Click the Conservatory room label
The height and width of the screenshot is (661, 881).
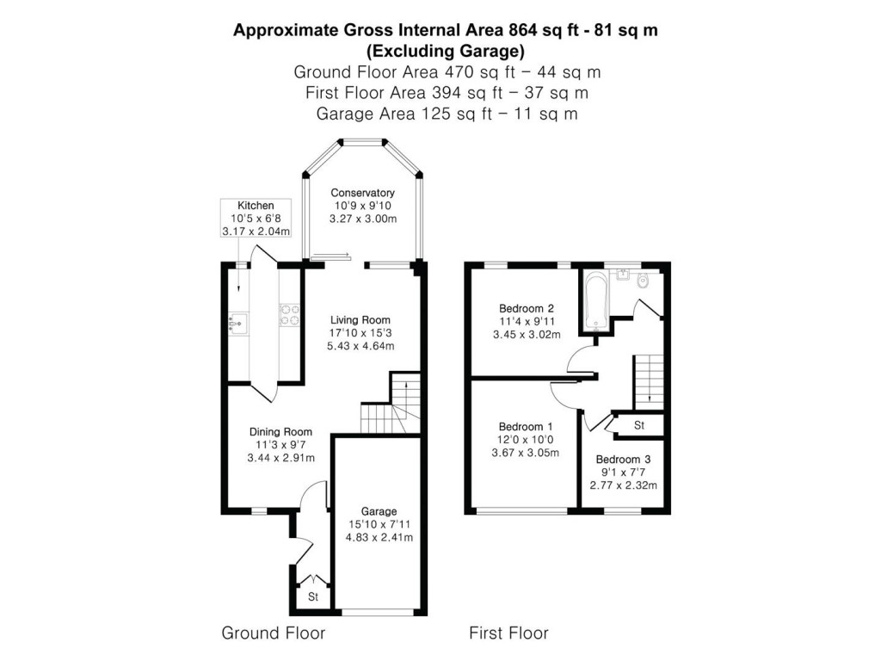tap(362, 193)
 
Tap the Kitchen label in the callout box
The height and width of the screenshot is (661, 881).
tap(256, 206)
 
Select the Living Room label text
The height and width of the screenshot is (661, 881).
tap(360, 320)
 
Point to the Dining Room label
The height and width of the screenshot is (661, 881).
tap(280, 432)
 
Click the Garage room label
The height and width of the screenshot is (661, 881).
tap(379, 510)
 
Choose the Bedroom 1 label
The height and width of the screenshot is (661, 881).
tap(526, 427)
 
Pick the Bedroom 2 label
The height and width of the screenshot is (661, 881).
tap(526, 309)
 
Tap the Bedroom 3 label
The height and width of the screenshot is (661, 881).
tap(623, 460)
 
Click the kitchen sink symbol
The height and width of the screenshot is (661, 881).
tap(237, 323)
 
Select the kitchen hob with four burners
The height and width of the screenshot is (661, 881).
tap(288, 316)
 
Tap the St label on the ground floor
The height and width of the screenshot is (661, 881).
tap(313, 596)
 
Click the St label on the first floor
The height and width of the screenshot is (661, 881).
tap(639, 425)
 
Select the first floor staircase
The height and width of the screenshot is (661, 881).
tap(648, 380)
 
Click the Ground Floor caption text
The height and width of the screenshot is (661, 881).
tap(274, 633)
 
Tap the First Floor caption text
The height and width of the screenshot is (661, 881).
tap(508, 633)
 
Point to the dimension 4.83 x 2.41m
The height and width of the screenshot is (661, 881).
tap(379, 538)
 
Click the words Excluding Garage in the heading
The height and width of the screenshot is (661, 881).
tap(447, 50)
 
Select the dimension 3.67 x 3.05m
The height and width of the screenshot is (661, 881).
tap(526, 453)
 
